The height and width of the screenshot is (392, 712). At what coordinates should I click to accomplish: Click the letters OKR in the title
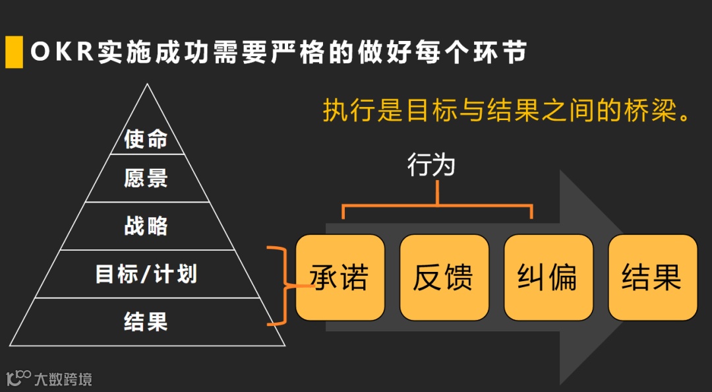[62, 52]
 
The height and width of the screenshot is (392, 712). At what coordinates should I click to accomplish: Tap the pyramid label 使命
[146, 139]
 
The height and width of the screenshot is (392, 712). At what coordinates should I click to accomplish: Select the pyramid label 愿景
[146, 178]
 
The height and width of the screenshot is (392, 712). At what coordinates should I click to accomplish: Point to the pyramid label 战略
[146, 226]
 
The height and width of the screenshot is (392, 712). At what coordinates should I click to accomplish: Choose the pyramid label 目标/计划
[146, 274]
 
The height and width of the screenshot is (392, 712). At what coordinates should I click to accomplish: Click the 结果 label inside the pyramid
[146, 321]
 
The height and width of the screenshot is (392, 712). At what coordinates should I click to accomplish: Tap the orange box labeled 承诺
[340, 277]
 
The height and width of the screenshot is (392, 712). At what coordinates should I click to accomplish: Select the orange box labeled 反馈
[444, 277]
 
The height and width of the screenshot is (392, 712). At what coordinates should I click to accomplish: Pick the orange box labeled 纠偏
[548, 277]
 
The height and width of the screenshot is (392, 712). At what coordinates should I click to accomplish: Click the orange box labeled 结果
[652, 277]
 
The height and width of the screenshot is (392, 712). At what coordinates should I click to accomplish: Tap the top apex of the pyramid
[148, 86]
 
